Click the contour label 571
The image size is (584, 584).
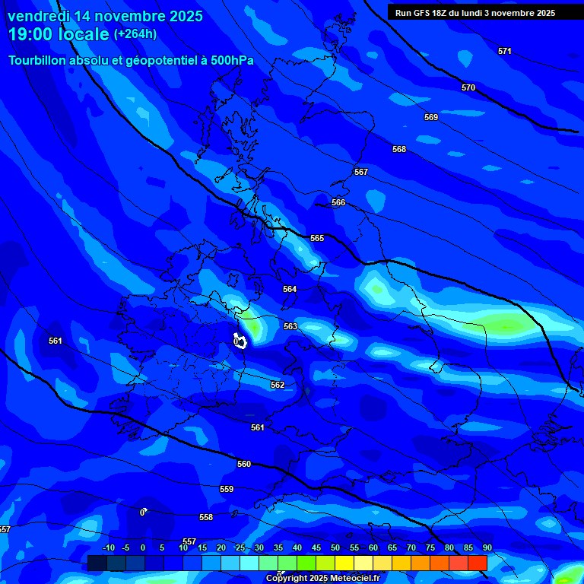point(505,51)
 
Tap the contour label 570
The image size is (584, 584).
point(468,87)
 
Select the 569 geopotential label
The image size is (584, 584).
point(431,117)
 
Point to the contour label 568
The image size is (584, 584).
point(399,149)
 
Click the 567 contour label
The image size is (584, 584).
point(361,172)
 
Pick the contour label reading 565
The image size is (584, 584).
point(317,238)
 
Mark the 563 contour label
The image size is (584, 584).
point(290,326)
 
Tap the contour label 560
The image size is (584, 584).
point(244,464)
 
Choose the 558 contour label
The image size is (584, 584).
point(206,517)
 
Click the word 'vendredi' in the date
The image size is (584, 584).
point(39,16)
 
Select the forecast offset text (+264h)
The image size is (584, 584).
point(135,33)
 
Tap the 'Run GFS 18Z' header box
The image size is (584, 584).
point(474,13)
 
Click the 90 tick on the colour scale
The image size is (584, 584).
point(487,548)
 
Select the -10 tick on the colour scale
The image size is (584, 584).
point(108,548)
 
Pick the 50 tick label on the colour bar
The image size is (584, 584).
point(335,548)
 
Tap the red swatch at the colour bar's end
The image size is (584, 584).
point(478,563)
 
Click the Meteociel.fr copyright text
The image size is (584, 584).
point(322,579)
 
